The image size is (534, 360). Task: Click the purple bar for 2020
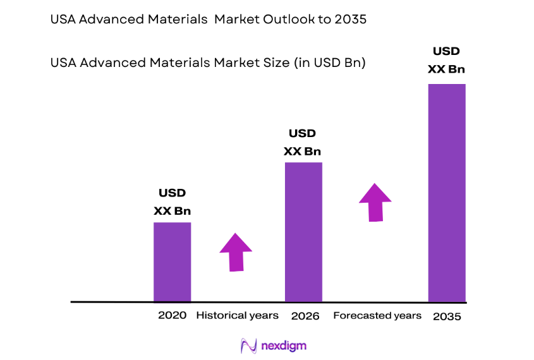(172, 262)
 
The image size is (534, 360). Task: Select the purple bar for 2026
(303, 232)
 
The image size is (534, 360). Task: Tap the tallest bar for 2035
(447, 193)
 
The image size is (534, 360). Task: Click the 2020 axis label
(172, 315)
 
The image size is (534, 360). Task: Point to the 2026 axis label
(304, 315)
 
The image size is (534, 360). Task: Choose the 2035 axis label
(447, 316)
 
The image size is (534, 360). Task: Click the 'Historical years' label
(237, 315)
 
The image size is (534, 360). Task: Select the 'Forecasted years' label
(377, 315)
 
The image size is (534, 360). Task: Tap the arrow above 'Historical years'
(236, 252)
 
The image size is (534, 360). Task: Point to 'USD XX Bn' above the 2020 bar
(172, 202)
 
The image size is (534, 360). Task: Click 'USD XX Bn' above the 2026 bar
(302, 142)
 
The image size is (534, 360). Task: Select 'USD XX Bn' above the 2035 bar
(446, 60)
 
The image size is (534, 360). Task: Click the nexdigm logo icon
(249, 345)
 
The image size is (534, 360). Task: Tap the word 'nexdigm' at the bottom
(284, 346)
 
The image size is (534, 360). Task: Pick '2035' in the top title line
(352, 20)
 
